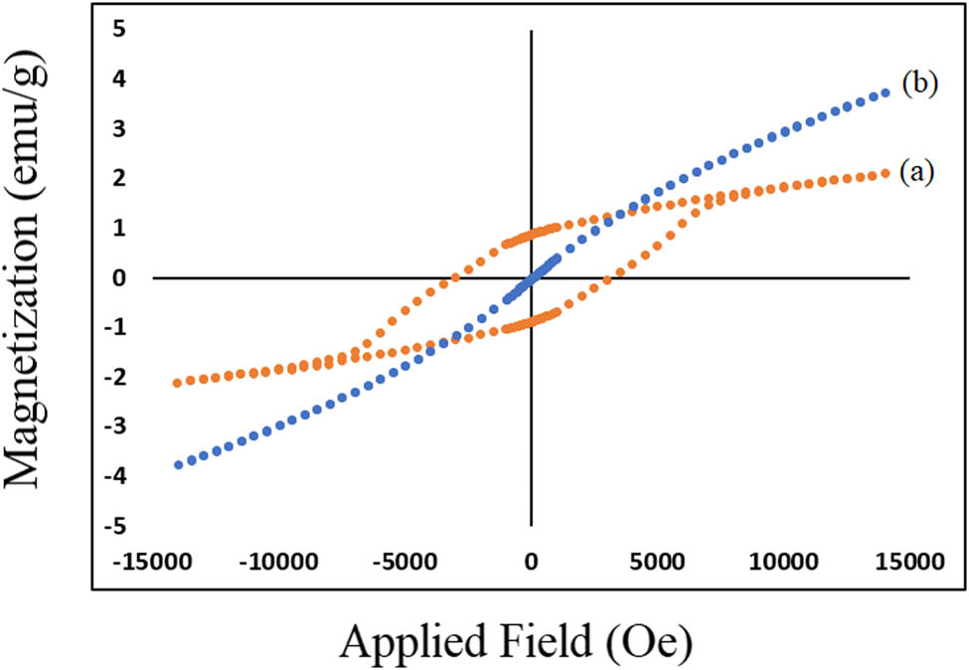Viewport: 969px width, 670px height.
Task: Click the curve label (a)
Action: [x=918, y=172]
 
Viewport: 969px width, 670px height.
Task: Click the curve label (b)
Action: [x=920, y=84]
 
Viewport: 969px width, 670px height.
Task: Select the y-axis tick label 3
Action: [x=118, y=128]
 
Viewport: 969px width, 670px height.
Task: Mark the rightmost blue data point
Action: [x=886, y=92]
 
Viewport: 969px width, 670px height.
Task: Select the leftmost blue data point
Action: [x=177, y=464]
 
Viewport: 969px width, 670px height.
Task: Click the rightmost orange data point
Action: [x=886, y=173]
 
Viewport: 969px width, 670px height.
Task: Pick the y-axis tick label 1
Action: [x=118, y=228]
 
